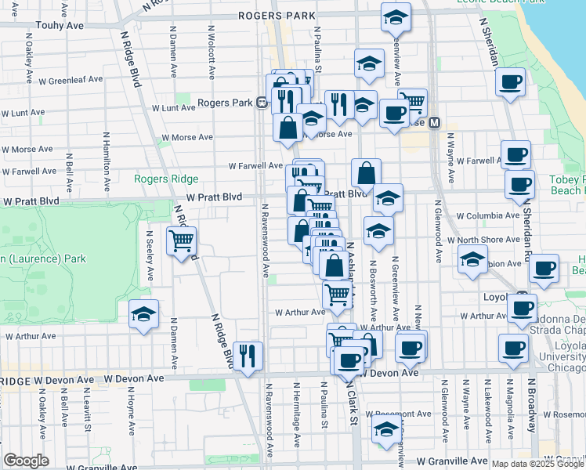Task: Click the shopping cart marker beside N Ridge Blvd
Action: pos(182,240)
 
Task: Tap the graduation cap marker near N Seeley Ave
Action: pos(143,315)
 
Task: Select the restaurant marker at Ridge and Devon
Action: pos(248,356)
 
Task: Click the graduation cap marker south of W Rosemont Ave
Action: pos(385,431)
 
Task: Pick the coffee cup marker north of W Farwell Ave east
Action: pos(515,155)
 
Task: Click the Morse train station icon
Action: pos(432,122)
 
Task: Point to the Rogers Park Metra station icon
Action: pos(260,103)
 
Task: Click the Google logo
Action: pos(27,461)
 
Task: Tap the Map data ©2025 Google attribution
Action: pos(537,464)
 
